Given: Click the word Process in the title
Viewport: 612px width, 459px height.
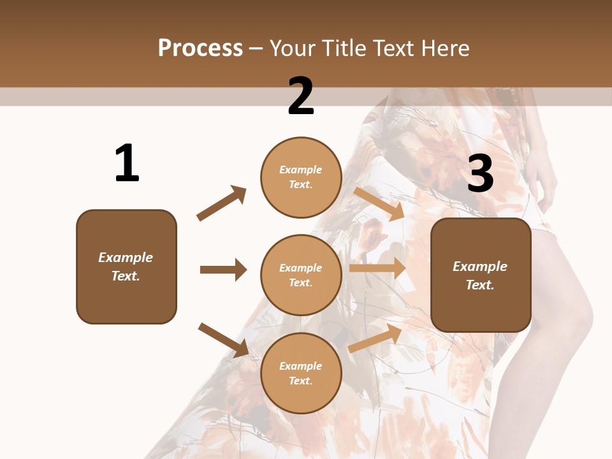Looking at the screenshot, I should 200,48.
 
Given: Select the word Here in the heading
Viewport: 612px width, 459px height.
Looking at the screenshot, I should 444,48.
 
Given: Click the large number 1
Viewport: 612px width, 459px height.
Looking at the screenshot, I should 127,163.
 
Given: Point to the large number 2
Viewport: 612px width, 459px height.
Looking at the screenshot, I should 301,96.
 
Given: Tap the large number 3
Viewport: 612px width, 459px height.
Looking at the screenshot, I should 480,173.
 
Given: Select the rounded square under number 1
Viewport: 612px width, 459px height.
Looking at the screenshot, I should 126,266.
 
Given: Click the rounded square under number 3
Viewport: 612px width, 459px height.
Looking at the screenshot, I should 481,275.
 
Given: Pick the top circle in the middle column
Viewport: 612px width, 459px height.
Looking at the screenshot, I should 301,177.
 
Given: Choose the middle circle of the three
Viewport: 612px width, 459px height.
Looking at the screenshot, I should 301,275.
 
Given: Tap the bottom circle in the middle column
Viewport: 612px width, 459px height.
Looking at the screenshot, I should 301,373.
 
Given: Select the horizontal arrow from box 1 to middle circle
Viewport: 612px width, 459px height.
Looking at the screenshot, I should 223,270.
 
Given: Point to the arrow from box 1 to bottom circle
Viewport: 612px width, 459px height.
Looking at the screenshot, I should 223,339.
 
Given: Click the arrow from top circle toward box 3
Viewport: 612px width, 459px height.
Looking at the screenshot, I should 379,203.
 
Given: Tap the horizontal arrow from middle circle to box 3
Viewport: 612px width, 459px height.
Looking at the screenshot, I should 377,268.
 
